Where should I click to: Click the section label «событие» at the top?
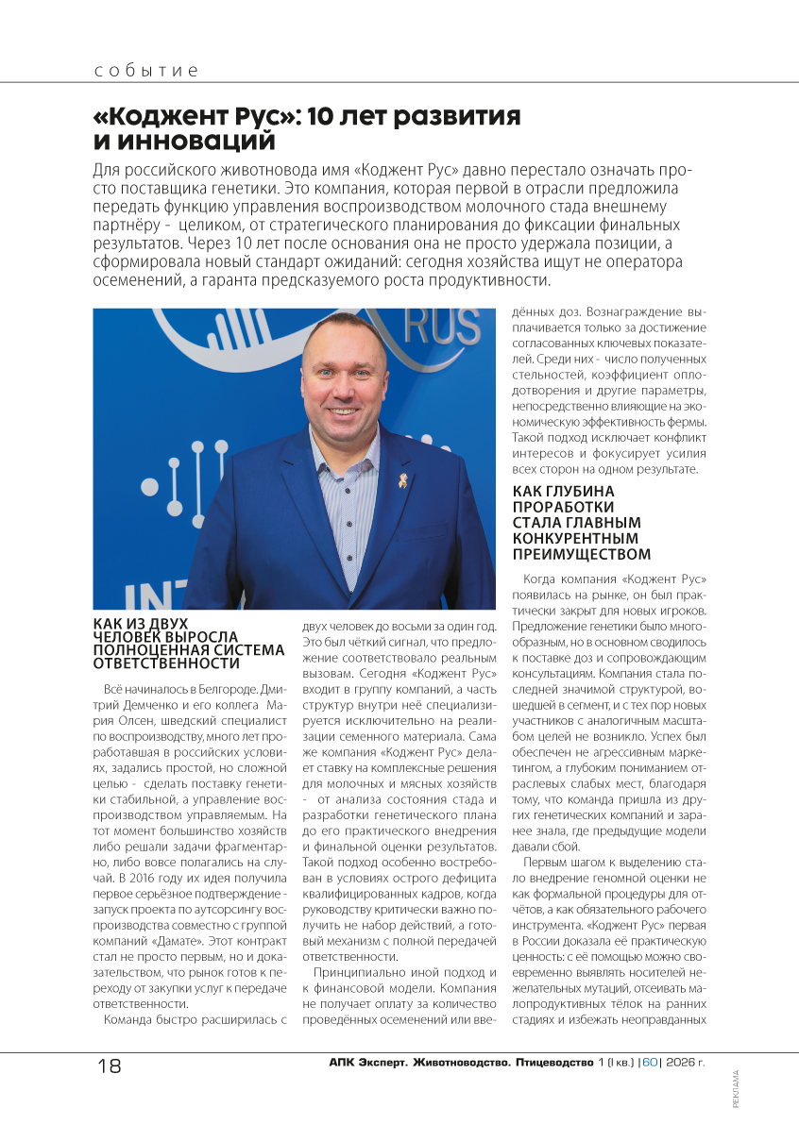tap(146, 72)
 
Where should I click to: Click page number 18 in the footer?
tap(110, 1065)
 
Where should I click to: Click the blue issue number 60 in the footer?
tap(650, 1064)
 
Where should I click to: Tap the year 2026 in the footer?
tap(682, 1064)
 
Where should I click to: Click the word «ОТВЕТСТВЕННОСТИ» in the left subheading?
tap(166, 663)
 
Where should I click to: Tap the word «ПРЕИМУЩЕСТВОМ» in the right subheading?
tap(582, 553)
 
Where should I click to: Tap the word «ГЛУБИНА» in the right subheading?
tap(578, 491)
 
